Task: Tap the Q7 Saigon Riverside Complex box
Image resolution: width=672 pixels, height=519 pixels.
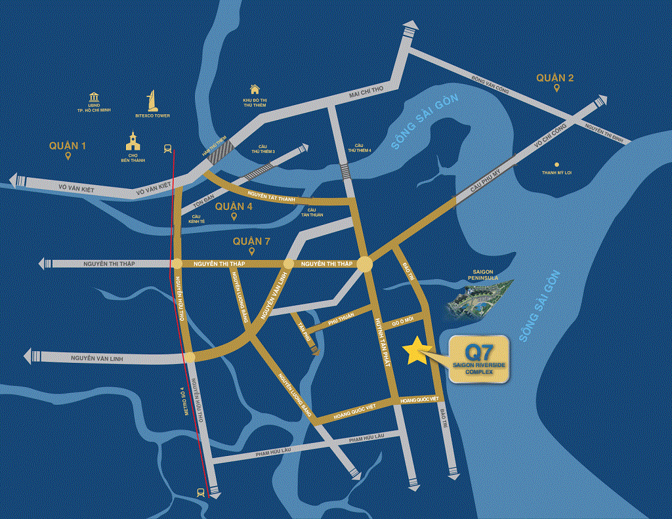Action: pos(478,359)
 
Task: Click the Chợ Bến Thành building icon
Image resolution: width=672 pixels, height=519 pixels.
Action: pos(133,142)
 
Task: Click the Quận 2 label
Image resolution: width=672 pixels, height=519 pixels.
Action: pos(555,78)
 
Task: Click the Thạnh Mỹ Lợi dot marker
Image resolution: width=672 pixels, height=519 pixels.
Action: pos(557,165)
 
